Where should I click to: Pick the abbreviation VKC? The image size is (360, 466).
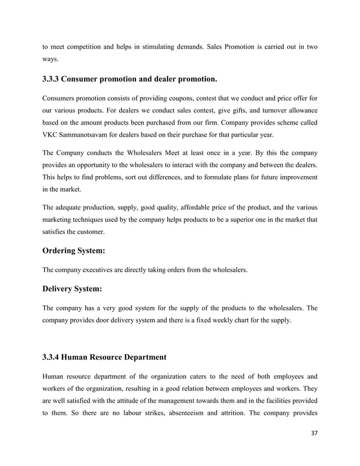(x=51, y=137)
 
